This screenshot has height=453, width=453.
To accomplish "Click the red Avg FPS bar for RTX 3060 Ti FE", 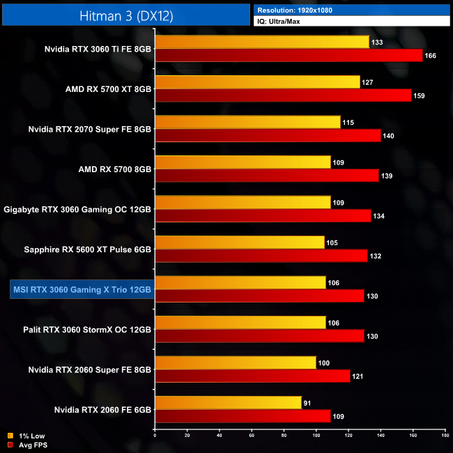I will (289, 56).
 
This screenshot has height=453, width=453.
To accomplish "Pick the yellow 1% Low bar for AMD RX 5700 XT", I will (257, 82).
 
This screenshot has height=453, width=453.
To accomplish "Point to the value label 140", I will (388, 136).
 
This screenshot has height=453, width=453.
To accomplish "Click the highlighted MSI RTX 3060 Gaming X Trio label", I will (82, 289).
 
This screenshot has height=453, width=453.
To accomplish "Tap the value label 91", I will (309, 403).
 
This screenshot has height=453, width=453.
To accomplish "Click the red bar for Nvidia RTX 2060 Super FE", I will (252, 376).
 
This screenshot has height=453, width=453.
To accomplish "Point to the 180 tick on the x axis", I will (445, 436).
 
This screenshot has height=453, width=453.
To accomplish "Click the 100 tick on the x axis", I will (316, 436).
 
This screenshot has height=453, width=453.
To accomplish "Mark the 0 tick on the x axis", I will (155, 436).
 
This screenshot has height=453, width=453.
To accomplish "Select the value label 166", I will (430, 56).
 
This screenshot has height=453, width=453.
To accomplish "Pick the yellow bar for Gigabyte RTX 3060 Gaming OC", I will (243, 202).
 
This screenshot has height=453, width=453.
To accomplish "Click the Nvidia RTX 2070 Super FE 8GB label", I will (89, 129).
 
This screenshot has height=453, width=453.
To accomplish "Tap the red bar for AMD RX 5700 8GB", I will (266, 176).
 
